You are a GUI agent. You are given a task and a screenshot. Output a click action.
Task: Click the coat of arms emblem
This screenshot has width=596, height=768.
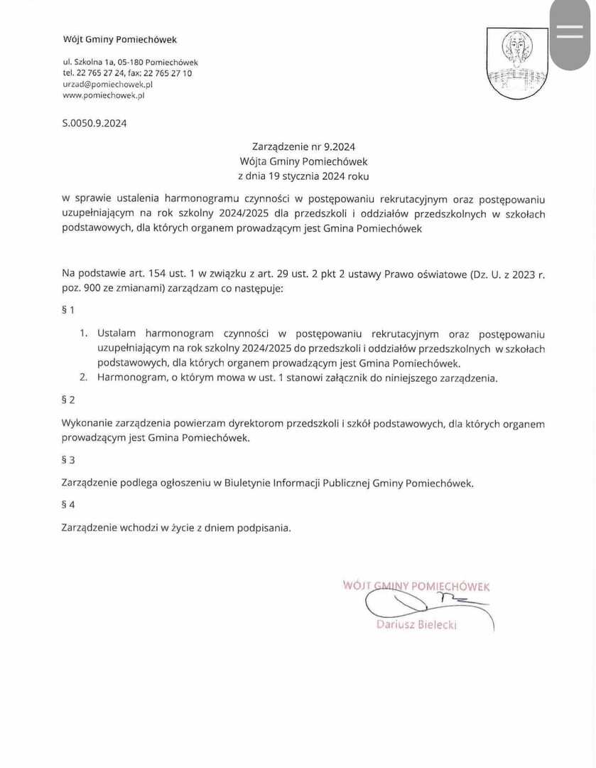coord(516,63)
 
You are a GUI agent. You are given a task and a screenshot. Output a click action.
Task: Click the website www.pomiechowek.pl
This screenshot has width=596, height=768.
coord(103,95)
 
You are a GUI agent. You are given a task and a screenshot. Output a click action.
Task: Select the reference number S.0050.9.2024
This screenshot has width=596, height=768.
coord(94,123)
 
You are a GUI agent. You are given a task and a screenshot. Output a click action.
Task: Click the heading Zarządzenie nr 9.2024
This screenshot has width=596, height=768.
coord(303,147)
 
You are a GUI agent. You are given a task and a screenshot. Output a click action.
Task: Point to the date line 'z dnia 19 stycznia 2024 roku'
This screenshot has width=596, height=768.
coord(303,176)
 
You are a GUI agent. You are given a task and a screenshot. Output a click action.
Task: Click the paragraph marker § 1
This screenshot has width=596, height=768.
coord(68,310)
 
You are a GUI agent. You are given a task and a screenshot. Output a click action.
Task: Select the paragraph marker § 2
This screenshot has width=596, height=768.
coord(68,400)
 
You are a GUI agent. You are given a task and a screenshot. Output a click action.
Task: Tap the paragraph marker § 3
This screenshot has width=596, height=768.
coord(68,460)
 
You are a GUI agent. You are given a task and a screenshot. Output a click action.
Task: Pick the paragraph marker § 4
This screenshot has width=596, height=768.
coord(68,505)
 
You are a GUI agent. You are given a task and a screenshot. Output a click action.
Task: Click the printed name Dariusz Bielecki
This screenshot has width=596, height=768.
coord(416,625)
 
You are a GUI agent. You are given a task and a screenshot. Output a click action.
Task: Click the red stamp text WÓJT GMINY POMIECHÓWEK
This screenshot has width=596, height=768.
coord(416,587)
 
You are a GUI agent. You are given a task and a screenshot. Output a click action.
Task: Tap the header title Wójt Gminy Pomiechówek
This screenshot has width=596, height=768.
coord(119,40)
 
